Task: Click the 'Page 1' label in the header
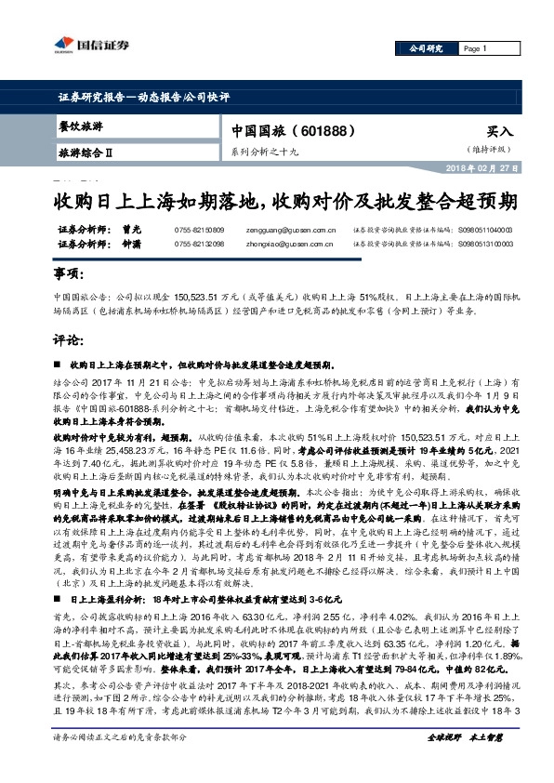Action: pyautogui.click(x=474, y=48)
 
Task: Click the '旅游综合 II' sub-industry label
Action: pyautogui.click(x=85, y=151)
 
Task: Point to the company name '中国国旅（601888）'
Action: pyautogui.click(x=291, y=130)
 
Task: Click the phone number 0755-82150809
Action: pyautogui.click(x=199, y=229)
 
